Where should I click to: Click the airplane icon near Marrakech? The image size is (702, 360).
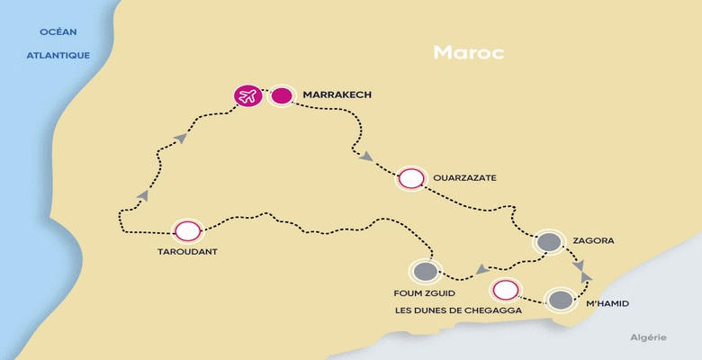tap(247, 94)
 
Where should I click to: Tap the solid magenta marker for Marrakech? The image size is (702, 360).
tap(282, 94)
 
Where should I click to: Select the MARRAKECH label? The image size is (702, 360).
tap(337, 94)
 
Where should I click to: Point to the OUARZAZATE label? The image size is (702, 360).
tap(464, 178)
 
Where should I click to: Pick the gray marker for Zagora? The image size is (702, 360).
tap(547, 241)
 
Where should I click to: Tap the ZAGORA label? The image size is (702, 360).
tap(592, 241)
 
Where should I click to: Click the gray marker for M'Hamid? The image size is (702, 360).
tap(560, 301)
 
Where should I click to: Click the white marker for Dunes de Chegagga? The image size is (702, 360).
tap(506, 290)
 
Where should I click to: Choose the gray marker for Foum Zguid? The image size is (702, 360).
tap(425, 271)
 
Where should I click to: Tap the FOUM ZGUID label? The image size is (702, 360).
tap(423, 293)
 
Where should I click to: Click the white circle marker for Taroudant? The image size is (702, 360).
tap(187, 230)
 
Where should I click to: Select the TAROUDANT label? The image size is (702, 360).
tap(186, 252)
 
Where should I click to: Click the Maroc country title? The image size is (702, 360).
tap(468, 52)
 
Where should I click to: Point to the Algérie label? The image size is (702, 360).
tap(648, 337)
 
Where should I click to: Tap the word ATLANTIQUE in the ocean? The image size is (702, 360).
tap(58, 54)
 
